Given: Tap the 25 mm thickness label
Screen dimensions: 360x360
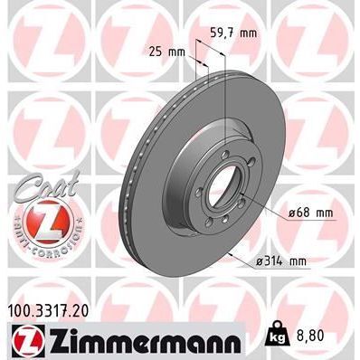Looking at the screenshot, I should [164, 51].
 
